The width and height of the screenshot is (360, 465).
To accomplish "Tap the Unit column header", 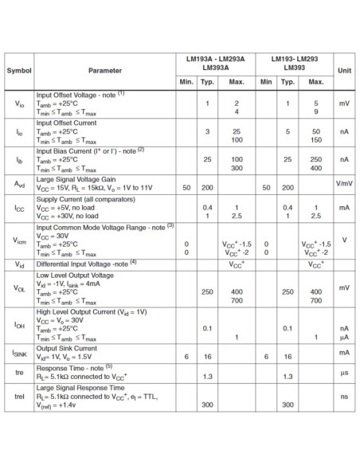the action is pyautogui.click(x=344, y=70).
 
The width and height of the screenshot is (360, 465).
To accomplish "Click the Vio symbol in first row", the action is pyautogui.click(x=19, y=104).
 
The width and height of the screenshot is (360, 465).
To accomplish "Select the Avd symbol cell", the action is pyautogui.click(x=19, y=184).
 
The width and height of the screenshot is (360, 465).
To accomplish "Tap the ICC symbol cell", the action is pyautogui.click(x=19, y=209).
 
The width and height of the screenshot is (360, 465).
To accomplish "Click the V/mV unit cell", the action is pyautogui.click(x=344, y=184).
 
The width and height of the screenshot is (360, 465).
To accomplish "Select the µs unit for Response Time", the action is pyautogui.click(x=344, y=370).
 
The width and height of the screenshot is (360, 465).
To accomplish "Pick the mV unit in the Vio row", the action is pyautogui.click(x=344, y=104).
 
